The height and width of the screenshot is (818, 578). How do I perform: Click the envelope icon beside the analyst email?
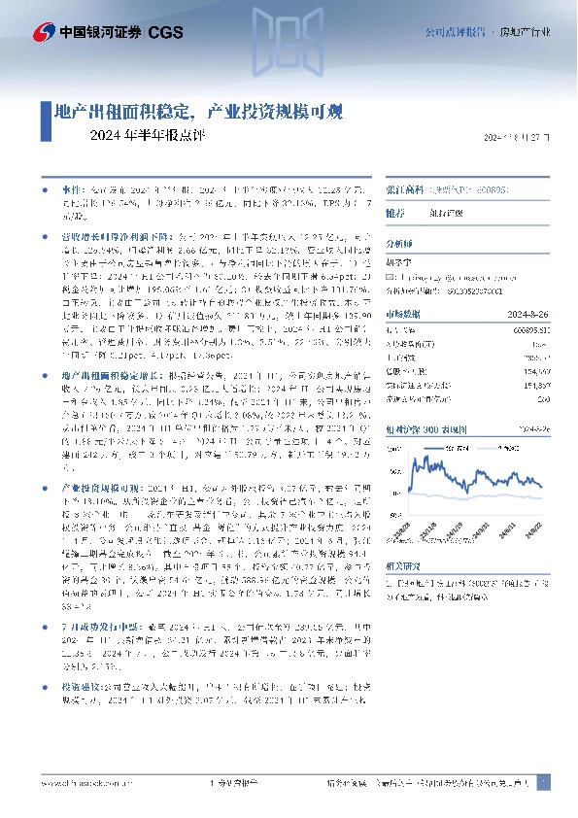click(x=391, y=277)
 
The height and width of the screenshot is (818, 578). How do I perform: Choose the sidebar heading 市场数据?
click(x=403, y=314)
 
